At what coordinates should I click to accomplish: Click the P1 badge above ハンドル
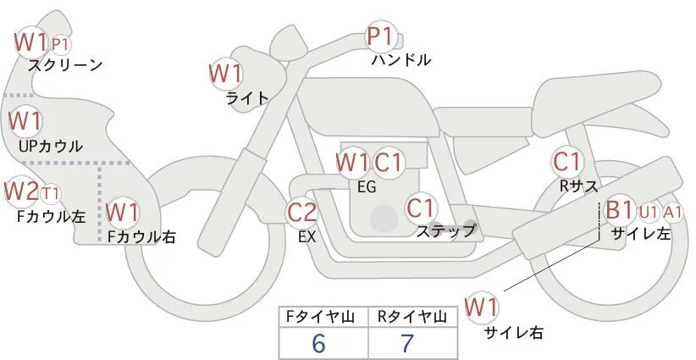click(x=381, y=36)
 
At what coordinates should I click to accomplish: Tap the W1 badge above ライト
click(x=226, y=73)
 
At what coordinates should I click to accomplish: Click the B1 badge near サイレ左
click(x=619, y=209)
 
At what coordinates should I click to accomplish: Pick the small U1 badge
click(x=649, y=211)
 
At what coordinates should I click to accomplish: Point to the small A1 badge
click(x=674, y=211)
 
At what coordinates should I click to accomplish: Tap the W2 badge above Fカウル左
click(x=21, y=191)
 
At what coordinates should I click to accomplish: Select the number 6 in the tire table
click(x=318, y=343)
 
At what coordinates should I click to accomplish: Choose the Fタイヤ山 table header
click(x=323, y=317)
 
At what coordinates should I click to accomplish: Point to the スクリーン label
click(x=65, y=64)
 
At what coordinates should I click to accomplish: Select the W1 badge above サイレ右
click(x=483, y=307)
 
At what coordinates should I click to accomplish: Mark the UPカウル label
click(x=51, y=146)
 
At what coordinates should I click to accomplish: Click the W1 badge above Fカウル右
click(x=123, y=211)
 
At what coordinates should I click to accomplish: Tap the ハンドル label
click(x=401, y=60)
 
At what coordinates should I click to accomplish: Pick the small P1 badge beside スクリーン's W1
click(x=61, y=43)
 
